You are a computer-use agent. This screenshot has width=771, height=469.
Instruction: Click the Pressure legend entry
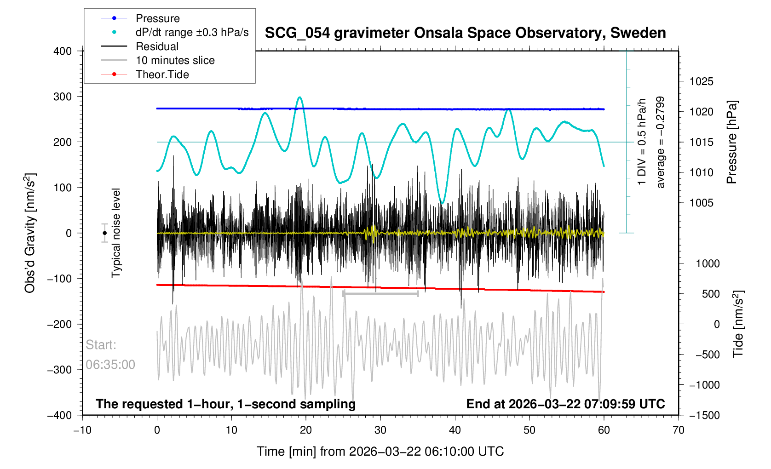157,18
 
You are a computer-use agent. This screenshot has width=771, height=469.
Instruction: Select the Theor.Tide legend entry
162,74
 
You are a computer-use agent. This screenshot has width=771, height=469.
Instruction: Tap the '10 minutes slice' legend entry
175,60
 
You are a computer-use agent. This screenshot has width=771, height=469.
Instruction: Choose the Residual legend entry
157,46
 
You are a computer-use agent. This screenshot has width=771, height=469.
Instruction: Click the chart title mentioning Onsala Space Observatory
465,33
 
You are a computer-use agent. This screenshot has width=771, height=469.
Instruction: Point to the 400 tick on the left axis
63,51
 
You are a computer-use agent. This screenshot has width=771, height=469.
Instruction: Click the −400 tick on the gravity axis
60,415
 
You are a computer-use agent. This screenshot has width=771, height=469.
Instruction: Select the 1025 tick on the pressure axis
701,82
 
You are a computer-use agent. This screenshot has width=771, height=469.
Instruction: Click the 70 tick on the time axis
678,430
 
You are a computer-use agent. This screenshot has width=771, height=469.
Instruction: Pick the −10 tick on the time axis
82,430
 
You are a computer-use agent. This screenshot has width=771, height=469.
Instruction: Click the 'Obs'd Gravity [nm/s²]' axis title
30,233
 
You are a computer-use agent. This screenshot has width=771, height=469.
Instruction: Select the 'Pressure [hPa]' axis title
731,142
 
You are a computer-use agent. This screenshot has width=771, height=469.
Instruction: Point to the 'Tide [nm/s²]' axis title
738,324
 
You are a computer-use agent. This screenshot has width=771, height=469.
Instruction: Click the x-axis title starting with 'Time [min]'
380,452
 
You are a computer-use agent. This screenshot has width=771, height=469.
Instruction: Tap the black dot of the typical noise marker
105,233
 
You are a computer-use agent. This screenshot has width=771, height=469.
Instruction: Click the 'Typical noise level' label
116,233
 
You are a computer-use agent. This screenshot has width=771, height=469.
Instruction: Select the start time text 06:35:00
110,365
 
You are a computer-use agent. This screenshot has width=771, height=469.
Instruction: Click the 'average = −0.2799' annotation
661,142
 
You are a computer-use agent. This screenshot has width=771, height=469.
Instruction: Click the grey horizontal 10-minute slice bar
380,293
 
